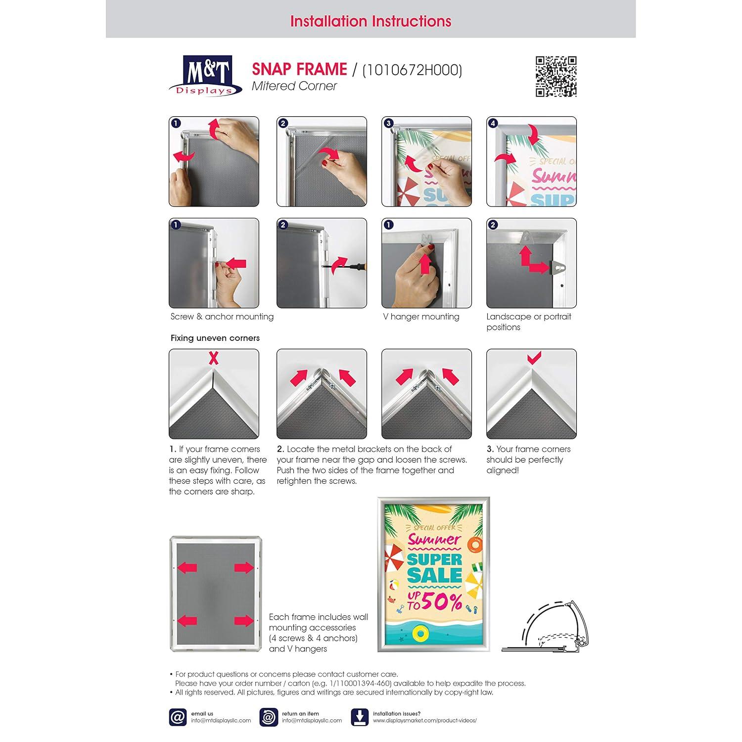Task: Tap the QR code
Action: [556, 76]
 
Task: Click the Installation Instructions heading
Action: [371, 21]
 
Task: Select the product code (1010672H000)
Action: [412, 70]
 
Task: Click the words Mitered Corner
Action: [294, 86]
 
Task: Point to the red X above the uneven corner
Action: [213, 358]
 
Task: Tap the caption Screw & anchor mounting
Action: [222, 317]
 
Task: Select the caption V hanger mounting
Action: [421, 317]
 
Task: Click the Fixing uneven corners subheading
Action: [215, 338]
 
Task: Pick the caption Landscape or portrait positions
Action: [529, 322]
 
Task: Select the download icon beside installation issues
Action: [360, 717]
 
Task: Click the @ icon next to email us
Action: [178, 717]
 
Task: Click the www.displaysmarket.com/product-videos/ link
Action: [425, 721]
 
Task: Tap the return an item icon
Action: [269, 717]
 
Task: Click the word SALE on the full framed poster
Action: [435, 575]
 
